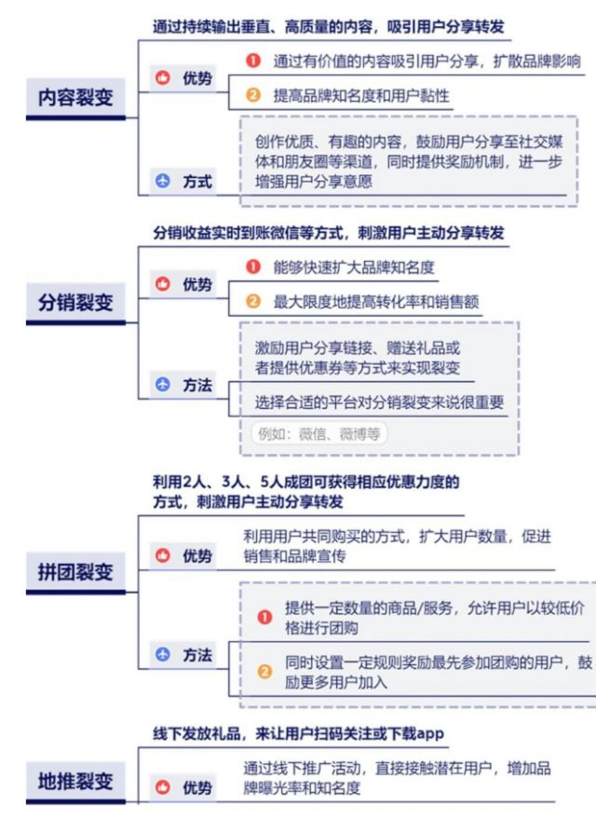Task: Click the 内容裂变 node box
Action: coord(75,98)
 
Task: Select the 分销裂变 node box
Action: coord(75,304)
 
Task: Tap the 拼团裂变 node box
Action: coord(75,573)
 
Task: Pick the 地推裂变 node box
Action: coord(75,783)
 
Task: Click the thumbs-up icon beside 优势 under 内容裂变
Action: coord(163,78)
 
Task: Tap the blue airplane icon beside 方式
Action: coord(163,182)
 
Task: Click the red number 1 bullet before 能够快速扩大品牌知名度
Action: coord(253,266)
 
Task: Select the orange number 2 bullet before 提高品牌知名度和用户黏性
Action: coord(253,95)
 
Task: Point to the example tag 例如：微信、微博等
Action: coord(319,433)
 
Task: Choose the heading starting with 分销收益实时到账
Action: coord(329,232)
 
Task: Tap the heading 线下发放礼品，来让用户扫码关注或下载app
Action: coord(298,733)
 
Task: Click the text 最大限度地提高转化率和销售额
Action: coord(376,301)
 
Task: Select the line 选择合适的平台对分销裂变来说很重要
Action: coord(379,403)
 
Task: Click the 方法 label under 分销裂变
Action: coord(197,385)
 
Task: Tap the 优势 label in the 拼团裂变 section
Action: coord(197,555)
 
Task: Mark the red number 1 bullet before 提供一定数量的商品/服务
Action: coord(264,618)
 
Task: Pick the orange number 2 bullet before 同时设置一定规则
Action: coord(264,672)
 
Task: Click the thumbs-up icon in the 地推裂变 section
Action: coord(163,787)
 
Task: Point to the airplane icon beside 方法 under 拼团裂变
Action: coord(163,654)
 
